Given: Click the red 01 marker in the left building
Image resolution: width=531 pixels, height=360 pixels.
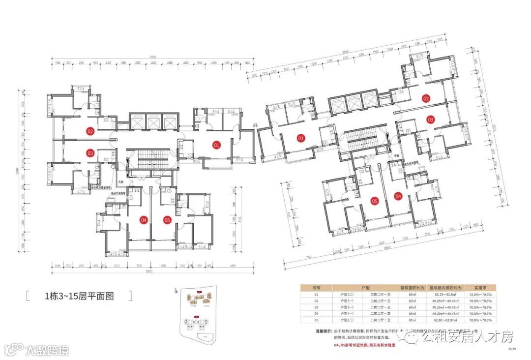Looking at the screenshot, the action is (216, 145).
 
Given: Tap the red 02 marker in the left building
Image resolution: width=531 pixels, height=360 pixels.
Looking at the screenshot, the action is (90, 131).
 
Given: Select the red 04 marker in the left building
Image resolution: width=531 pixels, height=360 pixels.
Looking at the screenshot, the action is (144, 220).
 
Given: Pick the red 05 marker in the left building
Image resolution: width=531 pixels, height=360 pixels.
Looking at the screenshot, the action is (167, 220).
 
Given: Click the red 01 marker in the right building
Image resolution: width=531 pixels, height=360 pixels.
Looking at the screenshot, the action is (301, 139).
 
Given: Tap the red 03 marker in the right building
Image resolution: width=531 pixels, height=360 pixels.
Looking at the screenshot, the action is (430, 120).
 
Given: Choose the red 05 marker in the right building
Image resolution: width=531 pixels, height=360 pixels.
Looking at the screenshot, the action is (374, 201).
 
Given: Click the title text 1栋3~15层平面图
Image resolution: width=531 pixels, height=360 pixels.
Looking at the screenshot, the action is (79, 296).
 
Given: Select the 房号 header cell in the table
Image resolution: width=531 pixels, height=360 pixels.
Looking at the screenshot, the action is (317, 287).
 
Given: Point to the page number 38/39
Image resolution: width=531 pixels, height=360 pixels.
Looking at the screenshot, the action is (512, 349).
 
